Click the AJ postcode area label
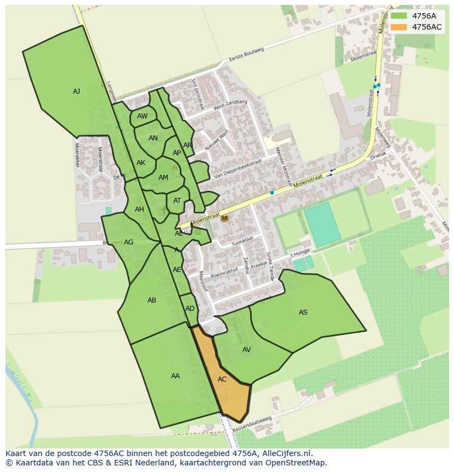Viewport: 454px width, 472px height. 76,92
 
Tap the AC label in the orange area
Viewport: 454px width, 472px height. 222,379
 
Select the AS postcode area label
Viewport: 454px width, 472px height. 303,312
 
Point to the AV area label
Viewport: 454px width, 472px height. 247,350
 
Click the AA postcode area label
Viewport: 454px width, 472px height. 175,376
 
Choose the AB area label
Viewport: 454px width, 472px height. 152,300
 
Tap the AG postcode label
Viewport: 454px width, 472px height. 129,242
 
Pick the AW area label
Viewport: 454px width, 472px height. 143,116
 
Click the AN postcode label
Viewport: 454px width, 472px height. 153,138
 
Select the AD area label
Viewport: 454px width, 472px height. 190,309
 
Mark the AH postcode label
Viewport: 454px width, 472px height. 139,209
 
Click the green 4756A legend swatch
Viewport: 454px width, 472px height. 399,16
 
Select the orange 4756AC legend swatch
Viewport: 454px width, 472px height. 399,27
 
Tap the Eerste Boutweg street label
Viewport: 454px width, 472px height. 247,55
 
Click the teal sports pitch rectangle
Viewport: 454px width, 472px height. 322,224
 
